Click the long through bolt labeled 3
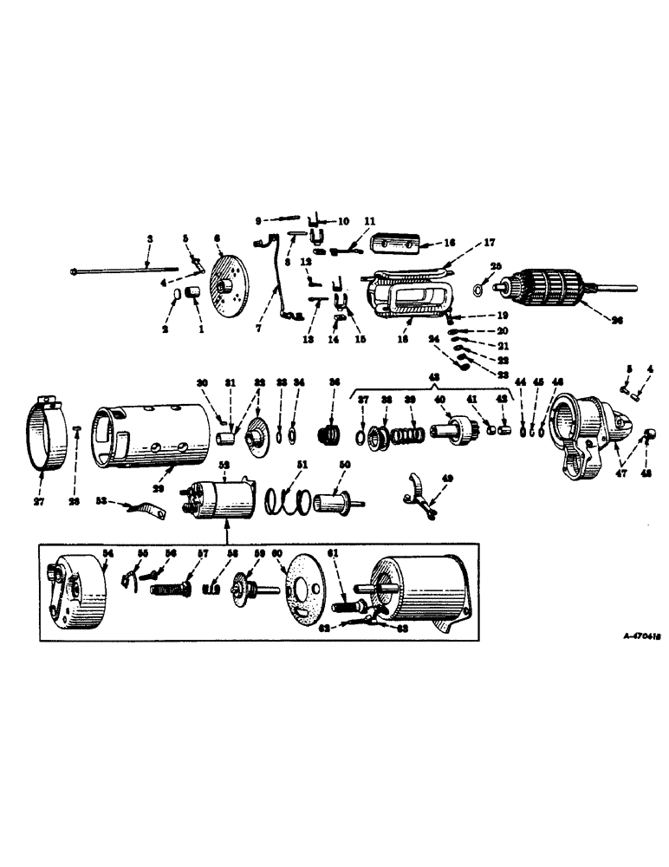[x=121, y=270]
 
